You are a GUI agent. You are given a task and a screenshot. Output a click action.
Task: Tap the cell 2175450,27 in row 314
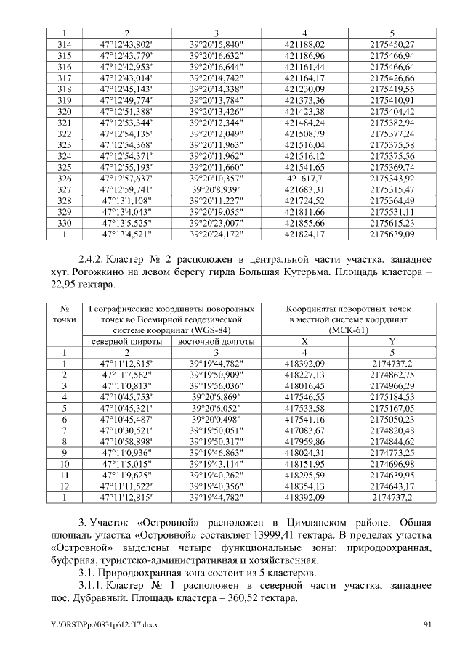point(392,45)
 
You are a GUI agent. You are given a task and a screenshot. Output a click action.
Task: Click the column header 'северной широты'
point(126,341)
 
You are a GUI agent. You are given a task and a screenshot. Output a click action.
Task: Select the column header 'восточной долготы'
point(216,341)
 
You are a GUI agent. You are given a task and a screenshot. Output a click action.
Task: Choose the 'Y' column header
point(392,341)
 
